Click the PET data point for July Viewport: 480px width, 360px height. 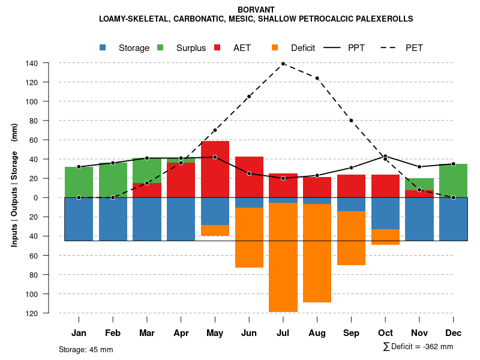(x=283, y=64)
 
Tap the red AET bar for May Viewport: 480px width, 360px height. (x=215, y=169)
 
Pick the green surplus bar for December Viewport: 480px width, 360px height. (x=454, y=181)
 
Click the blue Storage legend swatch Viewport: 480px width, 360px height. (x=103, y=47)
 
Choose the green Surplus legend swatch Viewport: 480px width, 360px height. (x=161, y=47)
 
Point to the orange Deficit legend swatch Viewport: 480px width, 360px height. (x=275, y=47)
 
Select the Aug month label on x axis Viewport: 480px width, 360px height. (x=317, y=333)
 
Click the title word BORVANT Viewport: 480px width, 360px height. (x=256, y=10)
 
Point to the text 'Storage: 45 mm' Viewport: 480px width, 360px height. (x=86, y=349)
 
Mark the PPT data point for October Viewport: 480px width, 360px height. (x=385, y=157)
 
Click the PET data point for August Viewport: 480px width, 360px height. (x=317, y=78)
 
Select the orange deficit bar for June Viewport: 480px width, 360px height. (x=249, y=238)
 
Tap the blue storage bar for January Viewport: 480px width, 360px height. (x=79, y=219)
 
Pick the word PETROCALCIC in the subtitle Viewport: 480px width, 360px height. (x=316, y=19)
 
